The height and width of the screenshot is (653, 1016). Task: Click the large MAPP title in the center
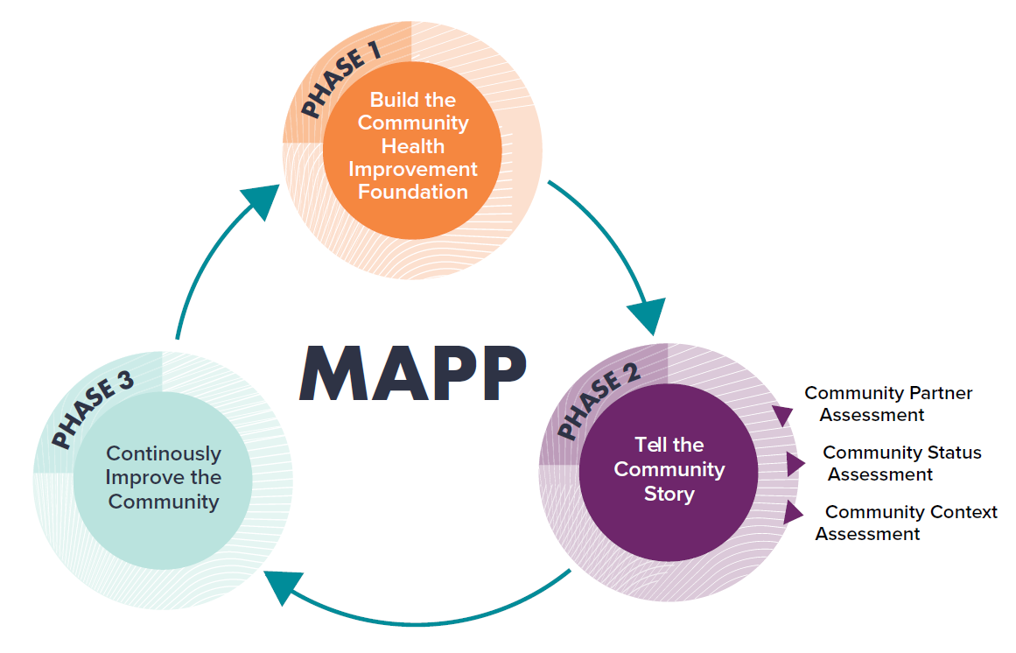click(412, 374)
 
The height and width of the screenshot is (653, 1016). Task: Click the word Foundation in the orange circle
click(412, 192)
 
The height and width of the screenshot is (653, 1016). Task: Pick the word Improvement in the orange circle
click(412, 169)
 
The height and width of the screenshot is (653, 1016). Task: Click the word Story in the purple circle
click(669, 494)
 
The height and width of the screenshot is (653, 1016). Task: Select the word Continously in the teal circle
click(164, 454)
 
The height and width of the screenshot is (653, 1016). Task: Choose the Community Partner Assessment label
click(887, 404)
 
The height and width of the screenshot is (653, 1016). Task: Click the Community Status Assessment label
click(900, 464)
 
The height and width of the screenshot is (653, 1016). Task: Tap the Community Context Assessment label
click(907, 523)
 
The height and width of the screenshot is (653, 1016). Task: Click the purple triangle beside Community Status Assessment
click(795, 464)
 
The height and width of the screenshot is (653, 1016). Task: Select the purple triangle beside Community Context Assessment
click(792, 513)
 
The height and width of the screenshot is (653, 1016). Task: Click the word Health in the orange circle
click(412, 146)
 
